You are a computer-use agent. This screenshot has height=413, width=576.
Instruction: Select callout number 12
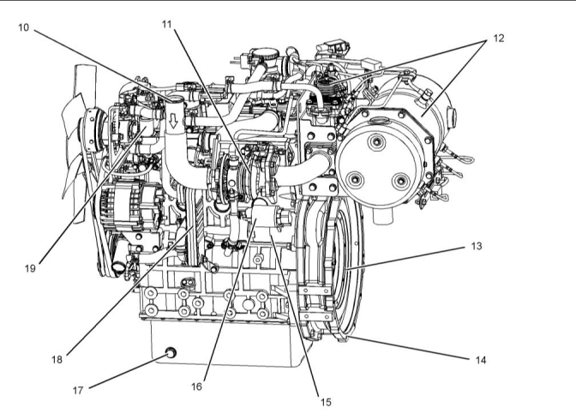coord(498,39)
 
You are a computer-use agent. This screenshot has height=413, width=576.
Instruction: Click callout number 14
coord(481,361)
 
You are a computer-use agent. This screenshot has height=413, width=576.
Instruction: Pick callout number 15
coord(325,400)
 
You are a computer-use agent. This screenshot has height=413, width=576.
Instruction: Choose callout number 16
coord(196,386)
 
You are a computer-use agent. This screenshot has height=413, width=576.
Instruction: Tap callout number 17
coord(78,390)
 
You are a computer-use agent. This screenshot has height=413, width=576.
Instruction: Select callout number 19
coord(30,267)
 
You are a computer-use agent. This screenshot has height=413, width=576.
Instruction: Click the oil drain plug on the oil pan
coord(169,352)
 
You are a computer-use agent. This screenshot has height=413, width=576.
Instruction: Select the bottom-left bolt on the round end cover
coord(352,179)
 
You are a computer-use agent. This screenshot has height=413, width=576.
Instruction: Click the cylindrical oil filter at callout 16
coord(264,221)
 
